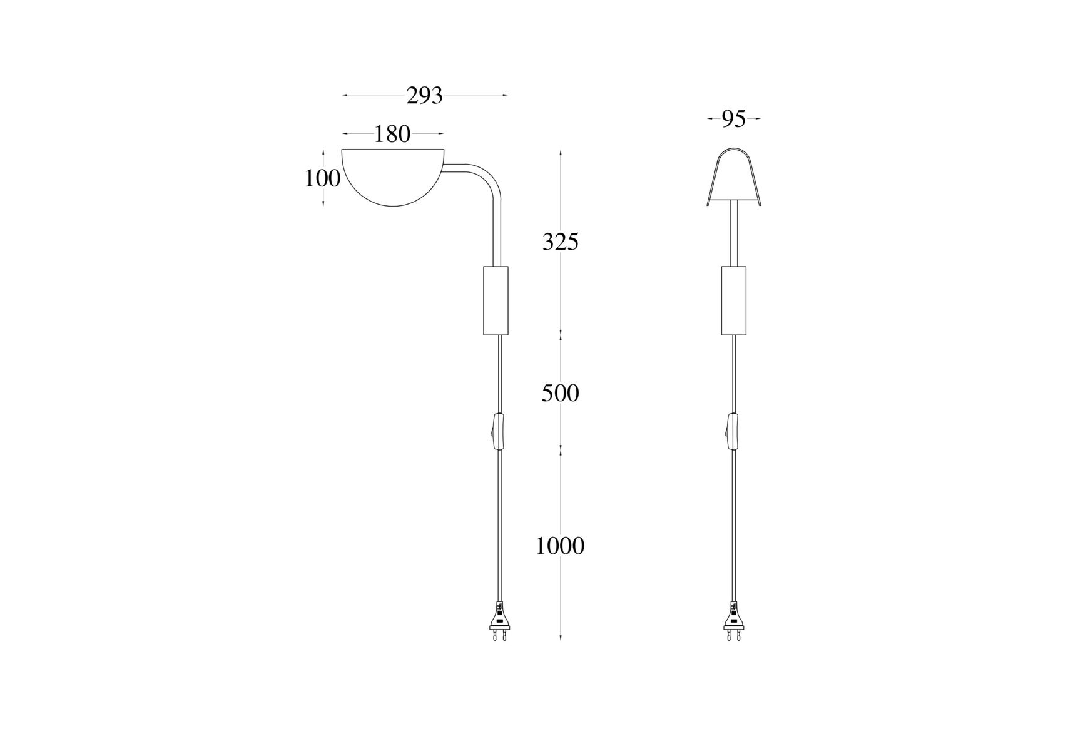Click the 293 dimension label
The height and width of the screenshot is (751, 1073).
(x=424, y=96)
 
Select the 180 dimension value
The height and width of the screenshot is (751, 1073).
(x=392, y=134)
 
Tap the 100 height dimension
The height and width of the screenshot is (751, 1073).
(x=322, y=178)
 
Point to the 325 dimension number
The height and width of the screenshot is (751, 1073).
(x=561, y=242)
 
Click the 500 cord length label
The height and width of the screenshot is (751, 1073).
(x=561, y=393)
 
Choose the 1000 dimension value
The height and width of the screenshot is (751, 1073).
(x=561, y=546)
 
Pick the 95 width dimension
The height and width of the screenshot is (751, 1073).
(x=734, y=119)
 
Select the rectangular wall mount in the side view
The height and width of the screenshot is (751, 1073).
(x=496, y=300)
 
